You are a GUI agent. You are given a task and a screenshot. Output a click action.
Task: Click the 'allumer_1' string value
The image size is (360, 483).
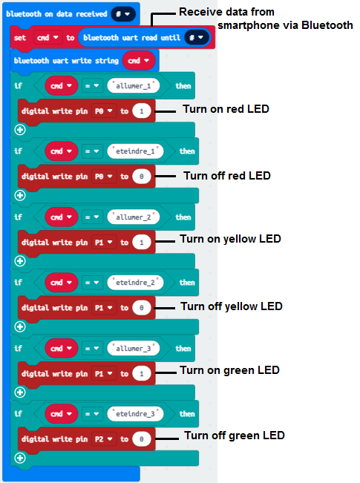tap(134, 85)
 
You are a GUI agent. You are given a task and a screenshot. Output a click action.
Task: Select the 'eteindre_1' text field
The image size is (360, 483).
tap(135, 151)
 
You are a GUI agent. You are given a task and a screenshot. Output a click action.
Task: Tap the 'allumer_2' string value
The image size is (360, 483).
tap(134, 217)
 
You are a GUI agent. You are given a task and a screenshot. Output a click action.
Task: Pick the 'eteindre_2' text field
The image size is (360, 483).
tap(135, 283)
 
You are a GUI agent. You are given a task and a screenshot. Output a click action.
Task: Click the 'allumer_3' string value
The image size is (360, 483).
tap(134, 349)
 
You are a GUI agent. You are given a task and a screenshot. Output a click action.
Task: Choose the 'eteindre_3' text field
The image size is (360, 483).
tap(135, 414)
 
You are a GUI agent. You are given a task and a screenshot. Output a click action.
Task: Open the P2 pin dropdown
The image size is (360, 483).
tap(104, 439)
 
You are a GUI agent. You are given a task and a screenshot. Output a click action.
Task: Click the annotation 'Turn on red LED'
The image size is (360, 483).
tap(226, 109)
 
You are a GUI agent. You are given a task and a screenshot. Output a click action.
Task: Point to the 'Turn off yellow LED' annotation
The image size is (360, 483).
tap(232, 306)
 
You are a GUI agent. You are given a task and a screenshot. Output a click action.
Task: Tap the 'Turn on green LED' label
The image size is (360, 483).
tap(229, 370)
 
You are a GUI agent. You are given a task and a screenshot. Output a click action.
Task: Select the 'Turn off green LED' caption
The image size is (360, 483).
tap(235, 436)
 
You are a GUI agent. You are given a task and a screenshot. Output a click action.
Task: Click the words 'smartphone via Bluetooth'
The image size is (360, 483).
tap(285, 25)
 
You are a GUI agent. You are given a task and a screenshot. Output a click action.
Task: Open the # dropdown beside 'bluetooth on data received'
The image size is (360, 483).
tap(122, 14)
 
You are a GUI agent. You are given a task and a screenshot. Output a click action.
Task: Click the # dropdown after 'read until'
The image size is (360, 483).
tap(197, 38)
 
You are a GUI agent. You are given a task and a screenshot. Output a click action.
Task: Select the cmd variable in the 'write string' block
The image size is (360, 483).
tap(138, 61)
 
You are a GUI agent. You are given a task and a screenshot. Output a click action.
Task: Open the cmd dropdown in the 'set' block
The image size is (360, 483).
tap(48, 38)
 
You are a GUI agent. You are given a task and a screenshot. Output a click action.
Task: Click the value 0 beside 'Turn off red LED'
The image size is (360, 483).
tap(142, 177)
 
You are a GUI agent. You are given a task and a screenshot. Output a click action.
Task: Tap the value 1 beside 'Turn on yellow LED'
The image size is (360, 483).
tap(142, 243)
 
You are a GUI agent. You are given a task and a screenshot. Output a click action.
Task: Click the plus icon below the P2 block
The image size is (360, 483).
tap(20, 458)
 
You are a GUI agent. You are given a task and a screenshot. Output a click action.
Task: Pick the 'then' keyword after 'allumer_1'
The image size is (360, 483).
tap(183, 86)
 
